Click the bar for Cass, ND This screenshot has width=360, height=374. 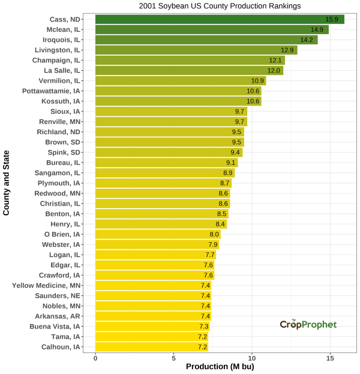click(220, 19)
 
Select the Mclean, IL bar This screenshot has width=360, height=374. click(212, 29)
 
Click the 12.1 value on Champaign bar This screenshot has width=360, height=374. click(275, 61)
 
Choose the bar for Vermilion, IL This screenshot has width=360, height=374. click(180, 81)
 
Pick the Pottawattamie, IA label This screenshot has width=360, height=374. click(50, 91)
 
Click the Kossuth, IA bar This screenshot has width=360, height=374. click(178, 101)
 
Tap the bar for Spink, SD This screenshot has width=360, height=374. click(169, 152)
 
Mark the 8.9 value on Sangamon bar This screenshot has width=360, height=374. click(227, 173)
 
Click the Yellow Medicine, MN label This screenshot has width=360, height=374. click(46, 285)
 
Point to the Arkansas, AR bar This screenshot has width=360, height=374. click(153, 316)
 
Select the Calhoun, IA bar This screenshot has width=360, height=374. click(152, 346)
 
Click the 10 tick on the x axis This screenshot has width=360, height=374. click(252, 357)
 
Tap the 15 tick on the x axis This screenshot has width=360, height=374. click(330, 357)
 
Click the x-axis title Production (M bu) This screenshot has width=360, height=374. click(220, 367)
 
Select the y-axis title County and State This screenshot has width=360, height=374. click(7, 183)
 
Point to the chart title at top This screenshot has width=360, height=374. click(220, 5)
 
